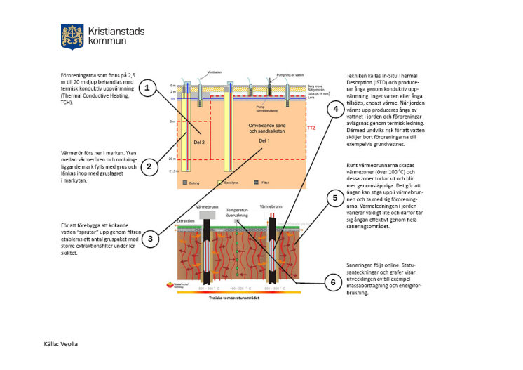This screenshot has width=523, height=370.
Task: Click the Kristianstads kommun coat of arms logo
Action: (72, 35)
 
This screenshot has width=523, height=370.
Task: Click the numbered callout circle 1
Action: (147, 88)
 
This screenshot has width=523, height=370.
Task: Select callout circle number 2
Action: (148, 166)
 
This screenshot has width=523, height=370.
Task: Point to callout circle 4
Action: (336, 109)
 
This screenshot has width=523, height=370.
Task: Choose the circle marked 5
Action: (335, 198)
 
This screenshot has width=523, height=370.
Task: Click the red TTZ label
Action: (311, 128)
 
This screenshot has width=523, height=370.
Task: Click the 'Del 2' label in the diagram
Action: (199, 142)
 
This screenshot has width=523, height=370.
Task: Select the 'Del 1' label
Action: (264, 140)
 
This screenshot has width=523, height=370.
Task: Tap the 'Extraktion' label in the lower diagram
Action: (186, 221)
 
